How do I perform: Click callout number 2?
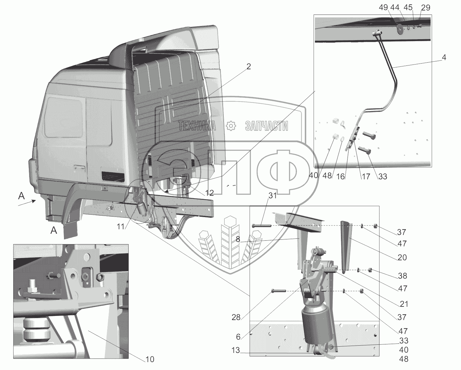coord(248,66)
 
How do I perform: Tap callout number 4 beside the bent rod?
coord(444,57)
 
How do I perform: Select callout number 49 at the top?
coord(383,8)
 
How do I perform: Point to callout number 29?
coord(426,8)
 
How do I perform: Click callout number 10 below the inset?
coord(150,359)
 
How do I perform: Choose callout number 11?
coord(121,226)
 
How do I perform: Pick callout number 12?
coord(209,193)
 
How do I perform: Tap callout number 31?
coord(273,195)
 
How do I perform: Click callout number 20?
coord(402,257)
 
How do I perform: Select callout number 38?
coord(402,276)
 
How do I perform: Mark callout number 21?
coord(404,304)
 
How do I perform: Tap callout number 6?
coord(238,337)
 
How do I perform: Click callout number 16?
coord(340,176)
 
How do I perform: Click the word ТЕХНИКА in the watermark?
coord(197,126)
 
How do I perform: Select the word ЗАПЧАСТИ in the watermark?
coord(266,126)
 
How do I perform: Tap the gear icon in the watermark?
coord(231,126)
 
